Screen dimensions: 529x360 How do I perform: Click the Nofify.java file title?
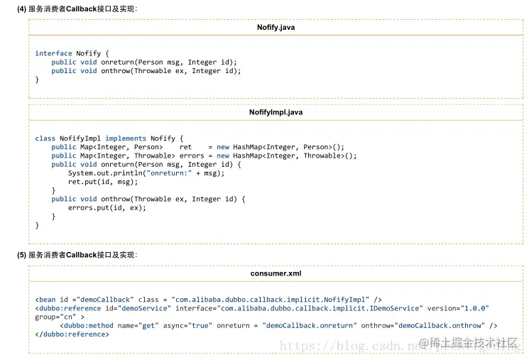276,27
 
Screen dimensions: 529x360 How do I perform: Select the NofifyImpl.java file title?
276,112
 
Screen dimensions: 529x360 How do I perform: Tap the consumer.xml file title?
276,273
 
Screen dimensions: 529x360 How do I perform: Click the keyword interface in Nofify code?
54,53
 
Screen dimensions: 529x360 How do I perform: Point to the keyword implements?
126,138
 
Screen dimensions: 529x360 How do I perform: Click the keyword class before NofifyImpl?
45,138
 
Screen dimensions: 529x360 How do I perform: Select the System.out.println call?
146,173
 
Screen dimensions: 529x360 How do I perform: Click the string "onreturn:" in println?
169,173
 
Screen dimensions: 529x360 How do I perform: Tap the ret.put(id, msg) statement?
103,182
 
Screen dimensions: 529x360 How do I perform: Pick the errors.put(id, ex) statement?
107,208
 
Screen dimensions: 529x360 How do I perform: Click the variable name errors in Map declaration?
192,156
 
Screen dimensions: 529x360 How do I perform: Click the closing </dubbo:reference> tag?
72,334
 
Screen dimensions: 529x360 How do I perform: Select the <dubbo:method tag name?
87,326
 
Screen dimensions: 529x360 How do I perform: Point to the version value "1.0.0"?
475,308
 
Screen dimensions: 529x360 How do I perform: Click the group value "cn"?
68,317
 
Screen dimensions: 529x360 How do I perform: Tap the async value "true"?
200,326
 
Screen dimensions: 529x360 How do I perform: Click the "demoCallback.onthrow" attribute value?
441,326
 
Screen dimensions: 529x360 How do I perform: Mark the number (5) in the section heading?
21,255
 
